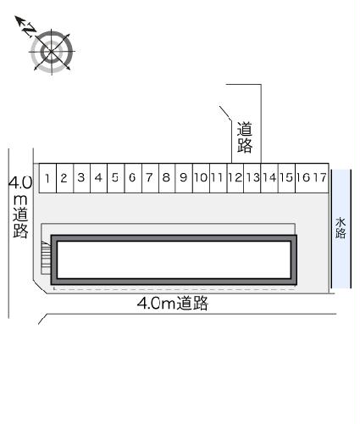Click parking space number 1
(49, 178)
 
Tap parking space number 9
(183, 178)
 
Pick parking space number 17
(320, 178)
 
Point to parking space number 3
(81, 178)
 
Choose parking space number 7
(149, 178)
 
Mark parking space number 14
(269, 178)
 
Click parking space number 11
(217, 178)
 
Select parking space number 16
(303, 178)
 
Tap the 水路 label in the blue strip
(341, 228)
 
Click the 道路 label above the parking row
(245, 138)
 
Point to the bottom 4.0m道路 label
(173, 304)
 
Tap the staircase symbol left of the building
(46, 255)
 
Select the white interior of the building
(174, 260)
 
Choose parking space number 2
(64, 178)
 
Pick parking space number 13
(252, 178)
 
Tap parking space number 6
(132, 178)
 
